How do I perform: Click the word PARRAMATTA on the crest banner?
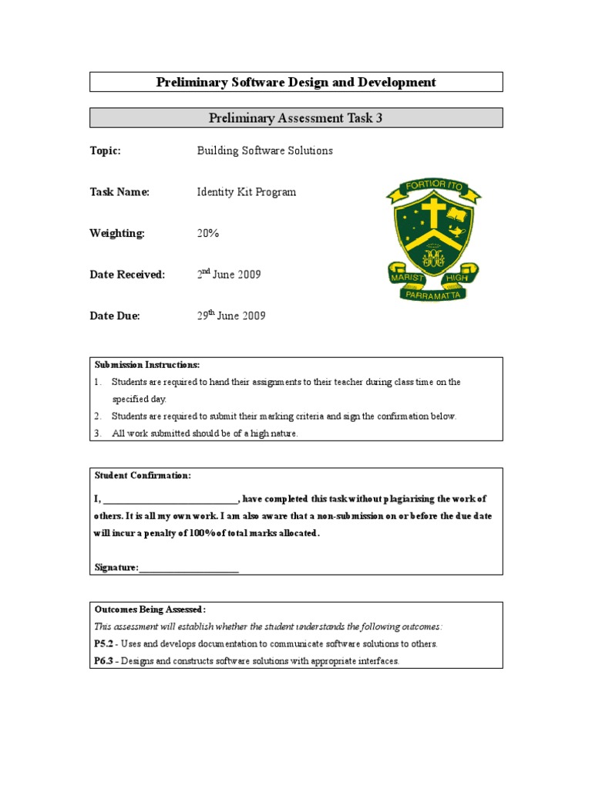pyautogui.click(x=432, y=295)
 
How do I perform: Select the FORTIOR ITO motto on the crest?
pyautogui.click(x=433, y=187)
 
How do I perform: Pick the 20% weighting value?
pyautogui.click(x=208, y=233)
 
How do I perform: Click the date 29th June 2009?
pyautogui.click(x=231, y=316)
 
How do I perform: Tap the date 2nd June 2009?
pyautogui.click(x=229, y=275)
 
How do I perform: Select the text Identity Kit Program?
pyautogui.click(x=246, y=192)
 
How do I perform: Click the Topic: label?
pyautogui.click(x=106, y=150)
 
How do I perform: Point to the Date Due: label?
pyautogui.click(x=115, y=316)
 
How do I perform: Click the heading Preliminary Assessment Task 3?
pyautogui.click(x=296, y=117)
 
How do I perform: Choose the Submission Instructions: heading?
pyautogui.click(x=147, y=364)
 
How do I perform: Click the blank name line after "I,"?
pyautogui.click(x=170, y=499)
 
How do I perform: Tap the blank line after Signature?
pyautogui.click(x=189, y=568)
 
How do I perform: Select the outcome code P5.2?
pyautogui.click(x=104, y=643)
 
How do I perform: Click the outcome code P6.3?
pyautogui.click(x=104, y=661)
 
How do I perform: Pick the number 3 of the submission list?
pyautogui.click(x=98, y=434)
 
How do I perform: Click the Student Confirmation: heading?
pyautogui.click(x=143, y=475)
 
